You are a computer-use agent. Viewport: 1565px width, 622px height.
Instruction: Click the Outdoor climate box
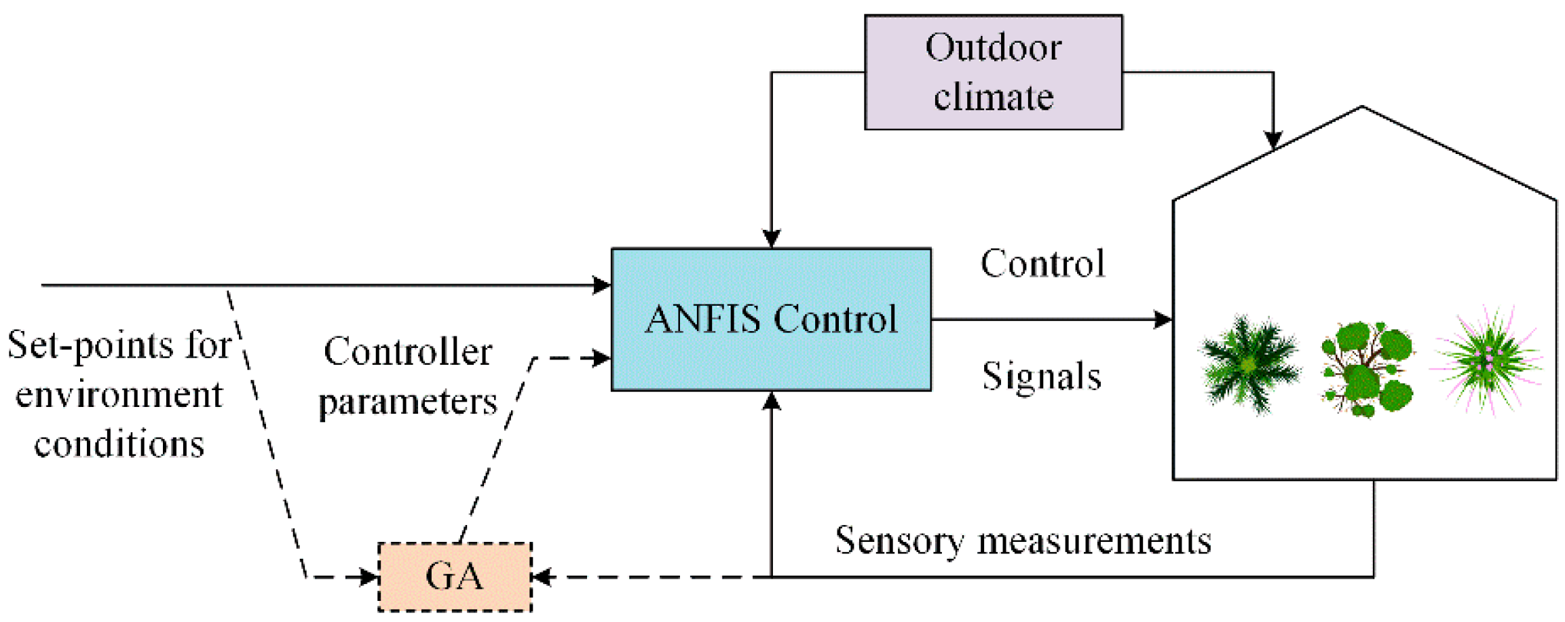993,72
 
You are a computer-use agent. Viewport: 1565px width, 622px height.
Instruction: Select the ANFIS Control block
771,319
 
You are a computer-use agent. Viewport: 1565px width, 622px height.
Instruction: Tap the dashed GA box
455,577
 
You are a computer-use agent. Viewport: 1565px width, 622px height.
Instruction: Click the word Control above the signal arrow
1042,264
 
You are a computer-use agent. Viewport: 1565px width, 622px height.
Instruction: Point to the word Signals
1041,376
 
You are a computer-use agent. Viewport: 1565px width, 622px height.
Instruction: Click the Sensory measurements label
1023,541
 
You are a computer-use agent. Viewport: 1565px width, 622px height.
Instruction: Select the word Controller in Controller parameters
408,351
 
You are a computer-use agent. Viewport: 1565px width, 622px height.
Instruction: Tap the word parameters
408,402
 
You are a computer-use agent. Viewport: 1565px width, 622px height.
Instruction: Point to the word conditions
119,445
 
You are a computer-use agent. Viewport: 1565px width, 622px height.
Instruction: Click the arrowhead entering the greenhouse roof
1273,140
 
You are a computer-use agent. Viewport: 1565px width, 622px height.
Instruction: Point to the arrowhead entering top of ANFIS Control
771,239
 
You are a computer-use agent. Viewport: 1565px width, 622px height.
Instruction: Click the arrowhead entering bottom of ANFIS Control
771,401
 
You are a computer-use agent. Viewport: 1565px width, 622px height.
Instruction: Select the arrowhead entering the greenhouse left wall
1163,319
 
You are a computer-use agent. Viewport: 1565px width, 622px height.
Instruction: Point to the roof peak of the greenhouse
1361,108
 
